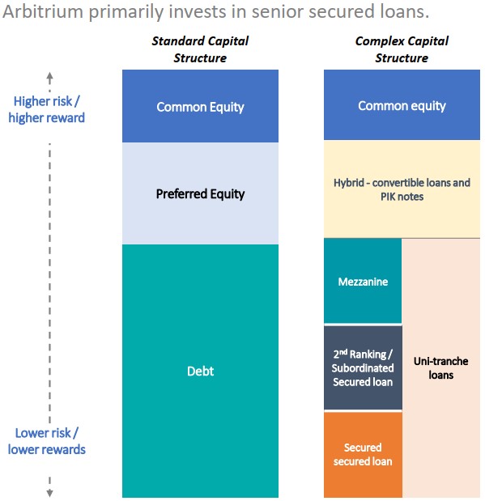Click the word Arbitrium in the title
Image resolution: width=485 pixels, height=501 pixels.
click(43, 11)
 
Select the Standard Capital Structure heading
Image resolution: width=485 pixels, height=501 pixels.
click(200, 49)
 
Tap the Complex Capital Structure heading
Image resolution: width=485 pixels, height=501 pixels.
click(402, 49)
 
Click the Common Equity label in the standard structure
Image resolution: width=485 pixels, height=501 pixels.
click(200, 107)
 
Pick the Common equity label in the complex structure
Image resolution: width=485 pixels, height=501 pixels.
click(402, 106)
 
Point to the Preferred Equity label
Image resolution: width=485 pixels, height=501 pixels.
click(200, 194)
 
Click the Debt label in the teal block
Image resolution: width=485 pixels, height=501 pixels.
click(200, 371)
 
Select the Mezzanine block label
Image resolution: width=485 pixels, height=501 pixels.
click(363, 282)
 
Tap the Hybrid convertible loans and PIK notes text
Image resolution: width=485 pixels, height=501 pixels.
click(402, 189)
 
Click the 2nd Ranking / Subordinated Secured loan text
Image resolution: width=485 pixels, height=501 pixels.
click(363, 367)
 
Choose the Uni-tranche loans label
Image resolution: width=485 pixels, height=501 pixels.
click(441, 367)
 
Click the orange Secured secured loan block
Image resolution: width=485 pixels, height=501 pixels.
click(363, 454)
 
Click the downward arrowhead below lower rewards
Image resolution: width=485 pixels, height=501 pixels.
click(49, 493)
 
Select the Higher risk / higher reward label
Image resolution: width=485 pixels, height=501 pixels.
click(47, 109)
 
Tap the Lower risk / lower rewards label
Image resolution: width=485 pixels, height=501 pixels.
click(47, 441)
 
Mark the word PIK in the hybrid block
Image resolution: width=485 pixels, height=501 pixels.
click(388, 197)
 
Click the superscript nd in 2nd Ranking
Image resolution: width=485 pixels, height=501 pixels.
click(343, 352)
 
